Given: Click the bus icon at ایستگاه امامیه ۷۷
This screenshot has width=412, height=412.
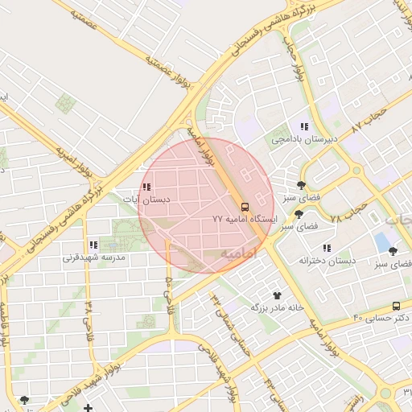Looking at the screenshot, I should [245, 205].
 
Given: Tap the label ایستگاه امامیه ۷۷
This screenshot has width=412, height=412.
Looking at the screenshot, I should [245, 219].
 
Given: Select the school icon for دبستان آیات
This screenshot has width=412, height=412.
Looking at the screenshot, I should [146, 187].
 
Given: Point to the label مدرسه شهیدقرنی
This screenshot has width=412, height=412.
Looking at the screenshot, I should [95, 258].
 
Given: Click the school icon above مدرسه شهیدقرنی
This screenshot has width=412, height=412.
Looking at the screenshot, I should [94, 245].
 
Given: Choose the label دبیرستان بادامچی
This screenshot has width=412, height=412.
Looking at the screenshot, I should [304, 139].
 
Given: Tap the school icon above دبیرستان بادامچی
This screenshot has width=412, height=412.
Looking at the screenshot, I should [304, 126].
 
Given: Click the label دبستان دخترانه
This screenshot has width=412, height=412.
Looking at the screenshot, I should [327, 261].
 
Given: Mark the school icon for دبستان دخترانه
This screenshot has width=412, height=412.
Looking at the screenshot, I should [327, 248].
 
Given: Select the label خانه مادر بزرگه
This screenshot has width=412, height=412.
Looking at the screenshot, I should [278, 308].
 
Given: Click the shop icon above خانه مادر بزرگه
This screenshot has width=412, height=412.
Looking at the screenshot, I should [278, 295].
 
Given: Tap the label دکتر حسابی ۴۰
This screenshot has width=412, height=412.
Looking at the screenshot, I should [382, 319].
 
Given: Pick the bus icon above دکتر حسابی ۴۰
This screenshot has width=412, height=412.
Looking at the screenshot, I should [396, 306].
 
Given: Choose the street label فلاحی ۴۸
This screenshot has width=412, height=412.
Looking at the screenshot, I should [88, 321].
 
